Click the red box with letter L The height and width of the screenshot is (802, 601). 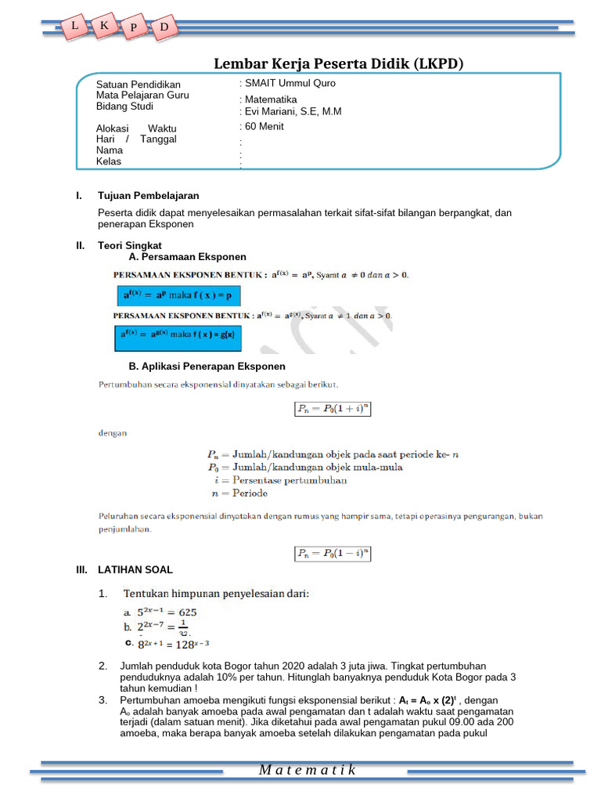[x=74, y=26]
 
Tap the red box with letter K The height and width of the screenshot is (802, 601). [x=104, y=25]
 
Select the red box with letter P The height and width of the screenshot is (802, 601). [x=134, y=28]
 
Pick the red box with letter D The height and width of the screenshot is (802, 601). [x=164, y=28]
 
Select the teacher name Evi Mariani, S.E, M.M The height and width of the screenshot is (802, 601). [x=293, y=111]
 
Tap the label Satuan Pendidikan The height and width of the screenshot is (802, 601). [x=138, y=85]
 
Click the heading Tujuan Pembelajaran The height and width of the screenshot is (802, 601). [x=148, y=195]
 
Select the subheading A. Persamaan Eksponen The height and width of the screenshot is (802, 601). [x=187, y=256]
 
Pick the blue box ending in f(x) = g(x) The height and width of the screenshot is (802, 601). [x=179, y=337]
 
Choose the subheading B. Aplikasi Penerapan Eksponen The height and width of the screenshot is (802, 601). [x=207, y=366]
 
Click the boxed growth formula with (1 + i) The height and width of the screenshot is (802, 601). [x=331, y=408]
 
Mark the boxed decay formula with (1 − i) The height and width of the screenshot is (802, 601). [x=331, y=553]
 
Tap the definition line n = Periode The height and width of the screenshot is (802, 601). [x=239, y=493]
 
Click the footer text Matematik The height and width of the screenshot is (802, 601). [x=307, y=770]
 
